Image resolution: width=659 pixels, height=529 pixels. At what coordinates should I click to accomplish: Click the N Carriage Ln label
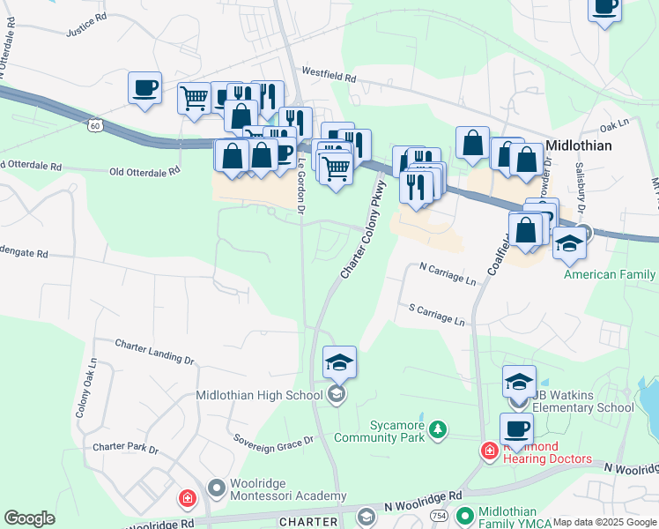tap(448, 278)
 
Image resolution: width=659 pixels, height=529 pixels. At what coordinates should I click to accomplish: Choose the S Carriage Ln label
tap(436, 313)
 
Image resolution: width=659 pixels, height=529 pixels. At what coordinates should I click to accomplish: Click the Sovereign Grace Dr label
tap(273, 439)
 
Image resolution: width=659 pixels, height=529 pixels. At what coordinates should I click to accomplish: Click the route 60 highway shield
tap(94, 127)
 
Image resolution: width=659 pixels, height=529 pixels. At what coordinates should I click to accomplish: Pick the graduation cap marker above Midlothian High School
tap(339, 362)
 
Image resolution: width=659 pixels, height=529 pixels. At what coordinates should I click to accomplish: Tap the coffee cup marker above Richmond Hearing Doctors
tap(516, 429)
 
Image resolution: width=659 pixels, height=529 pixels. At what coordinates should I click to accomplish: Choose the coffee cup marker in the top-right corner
tap(604, 9)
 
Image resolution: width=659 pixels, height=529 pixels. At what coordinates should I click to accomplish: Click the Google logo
tap(30, 518)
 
